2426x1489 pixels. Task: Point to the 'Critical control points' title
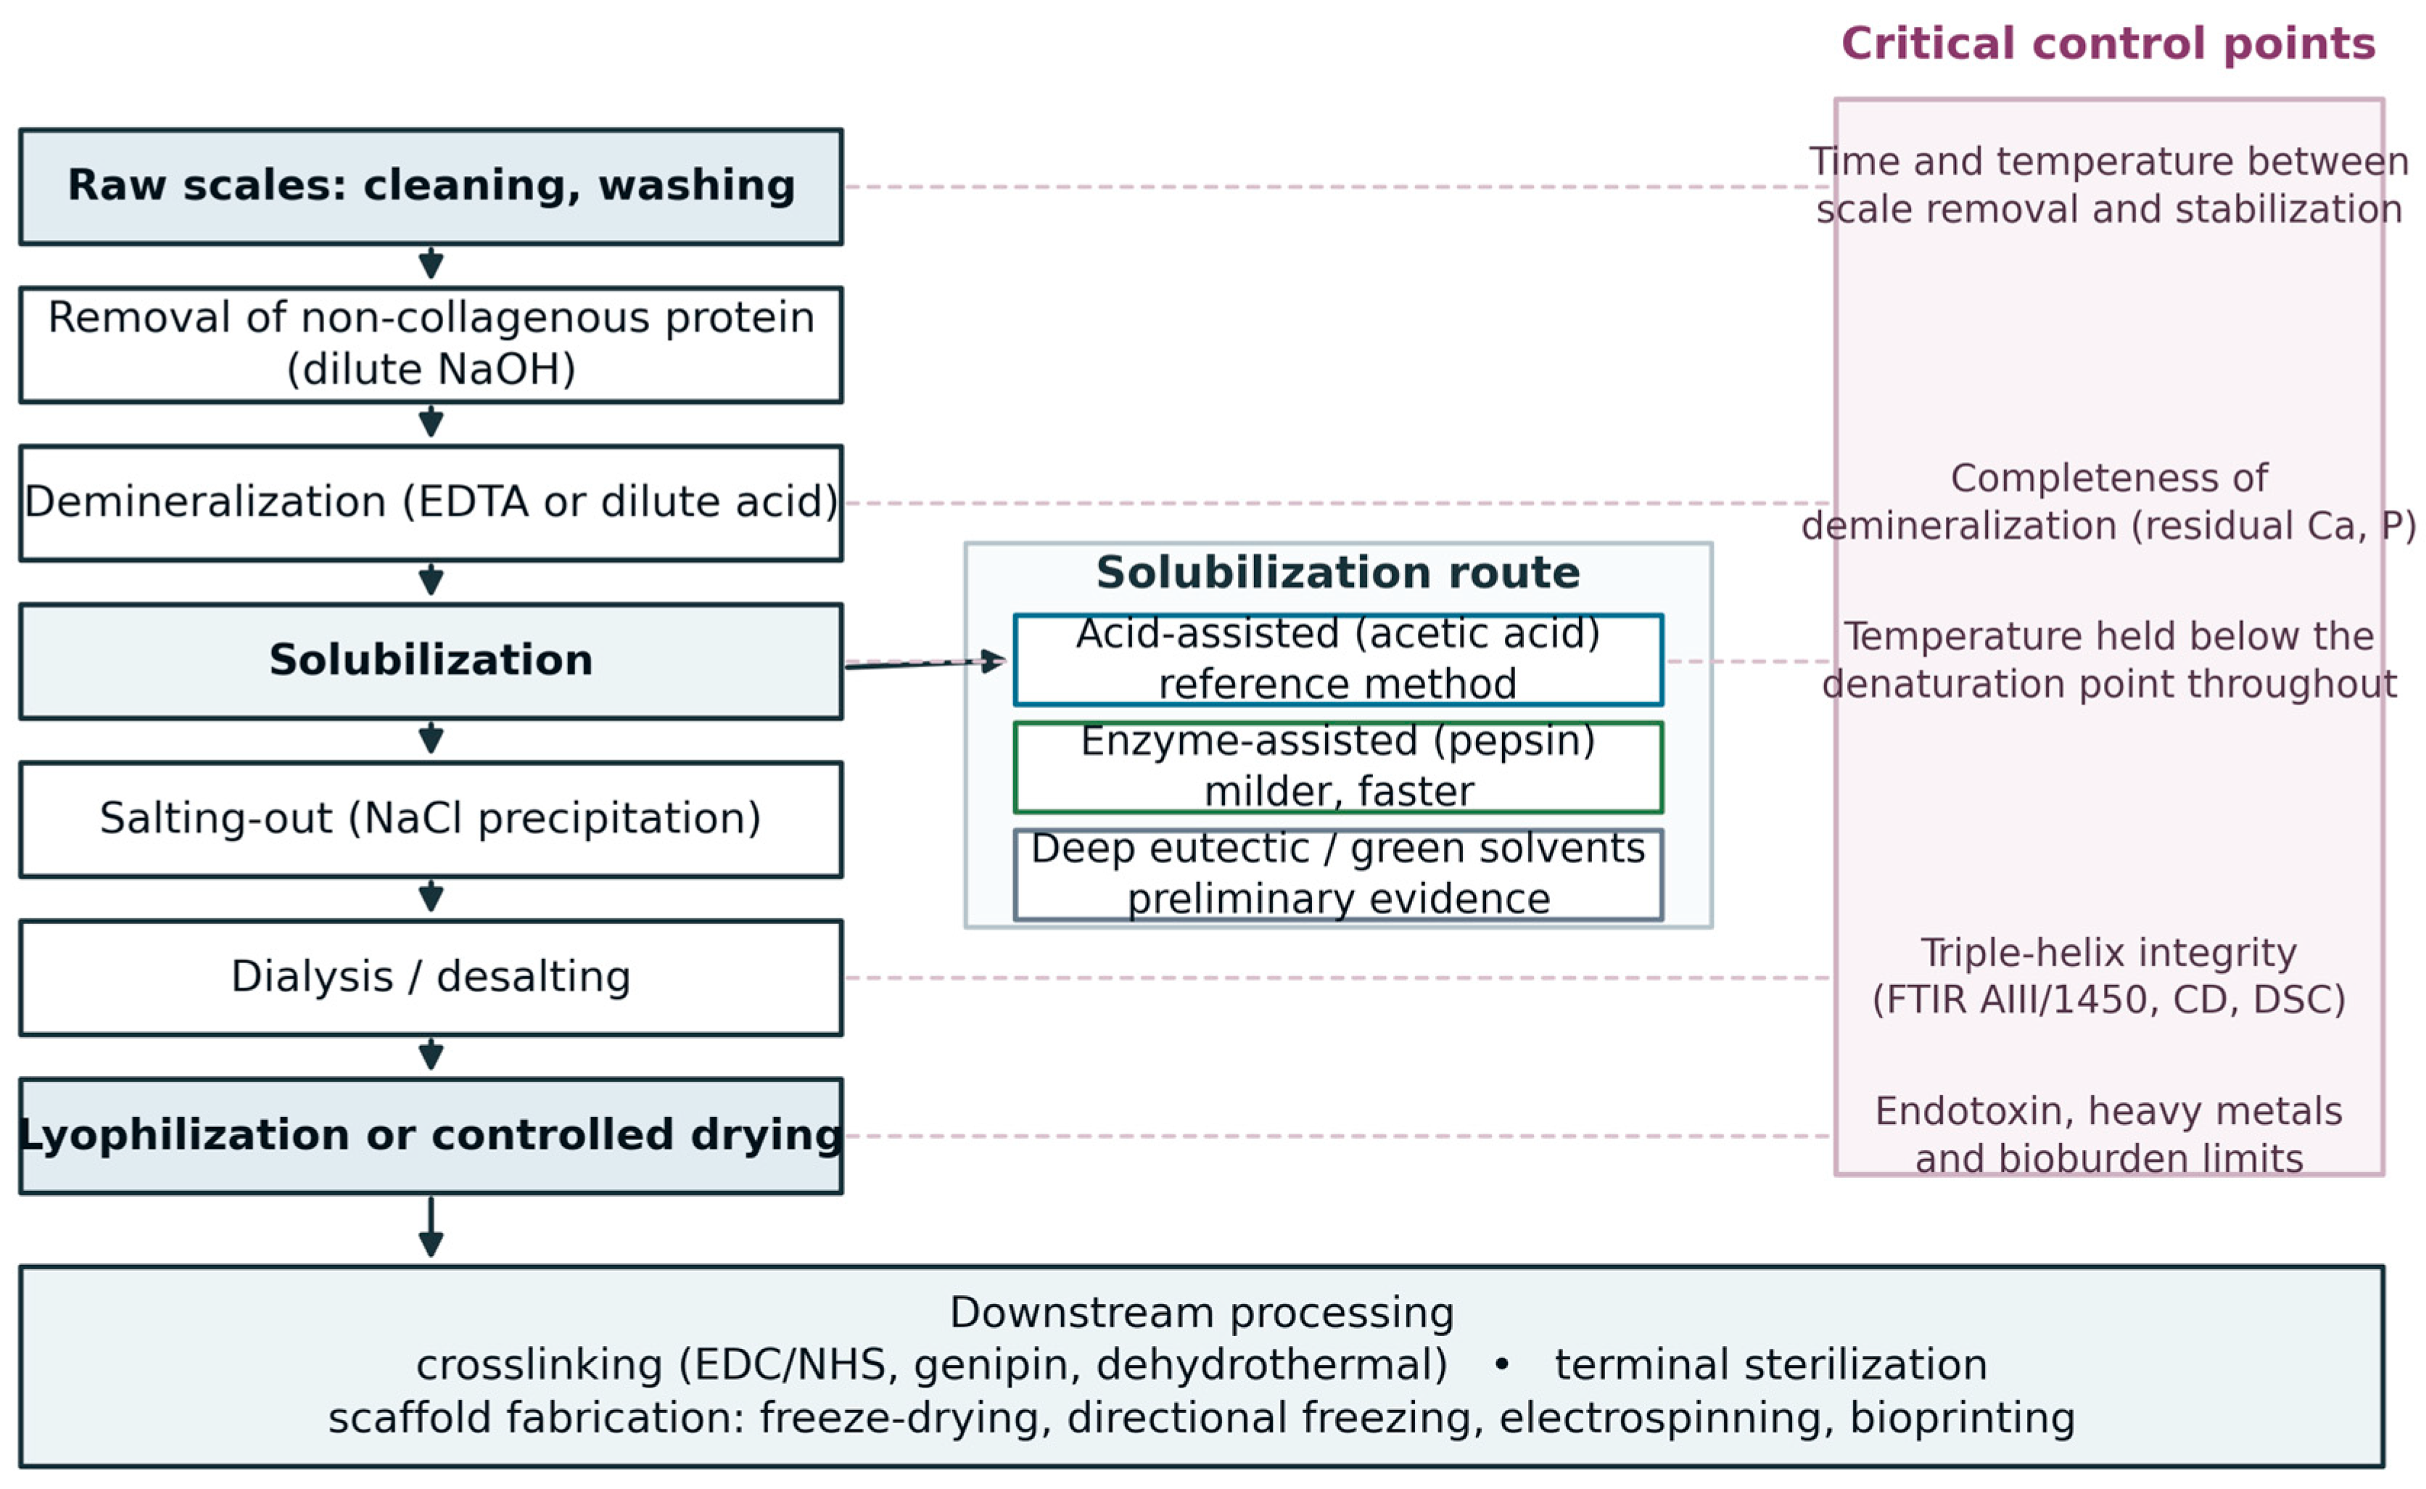tap(2108, 44)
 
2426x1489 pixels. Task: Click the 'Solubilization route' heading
tap(1338, 573)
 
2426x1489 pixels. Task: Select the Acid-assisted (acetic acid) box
tap(1338, 660)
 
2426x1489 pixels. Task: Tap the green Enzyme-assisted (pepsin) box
tap(1338, 767)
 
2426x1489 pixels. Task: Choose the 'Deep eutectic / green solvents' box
tap(1338, 875)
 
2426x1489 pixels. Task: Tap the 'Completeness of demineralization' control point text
tap(2108, 501)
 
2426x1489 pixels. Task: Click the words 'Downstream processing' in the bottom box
tap(1201, 1313)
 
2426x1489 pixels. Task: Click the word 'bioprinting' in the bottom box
tap(1963, 1418)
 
